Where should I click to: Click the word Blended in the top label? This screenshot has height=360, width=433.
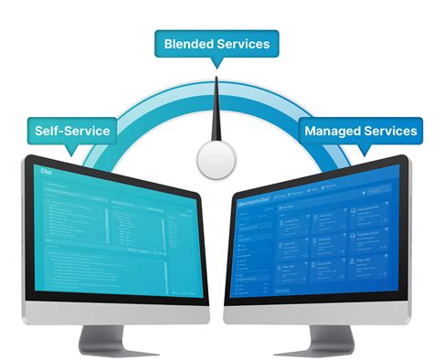pos(188,44)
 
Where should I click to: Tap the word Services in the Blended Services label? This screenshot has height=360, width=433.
pos(242,44)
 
